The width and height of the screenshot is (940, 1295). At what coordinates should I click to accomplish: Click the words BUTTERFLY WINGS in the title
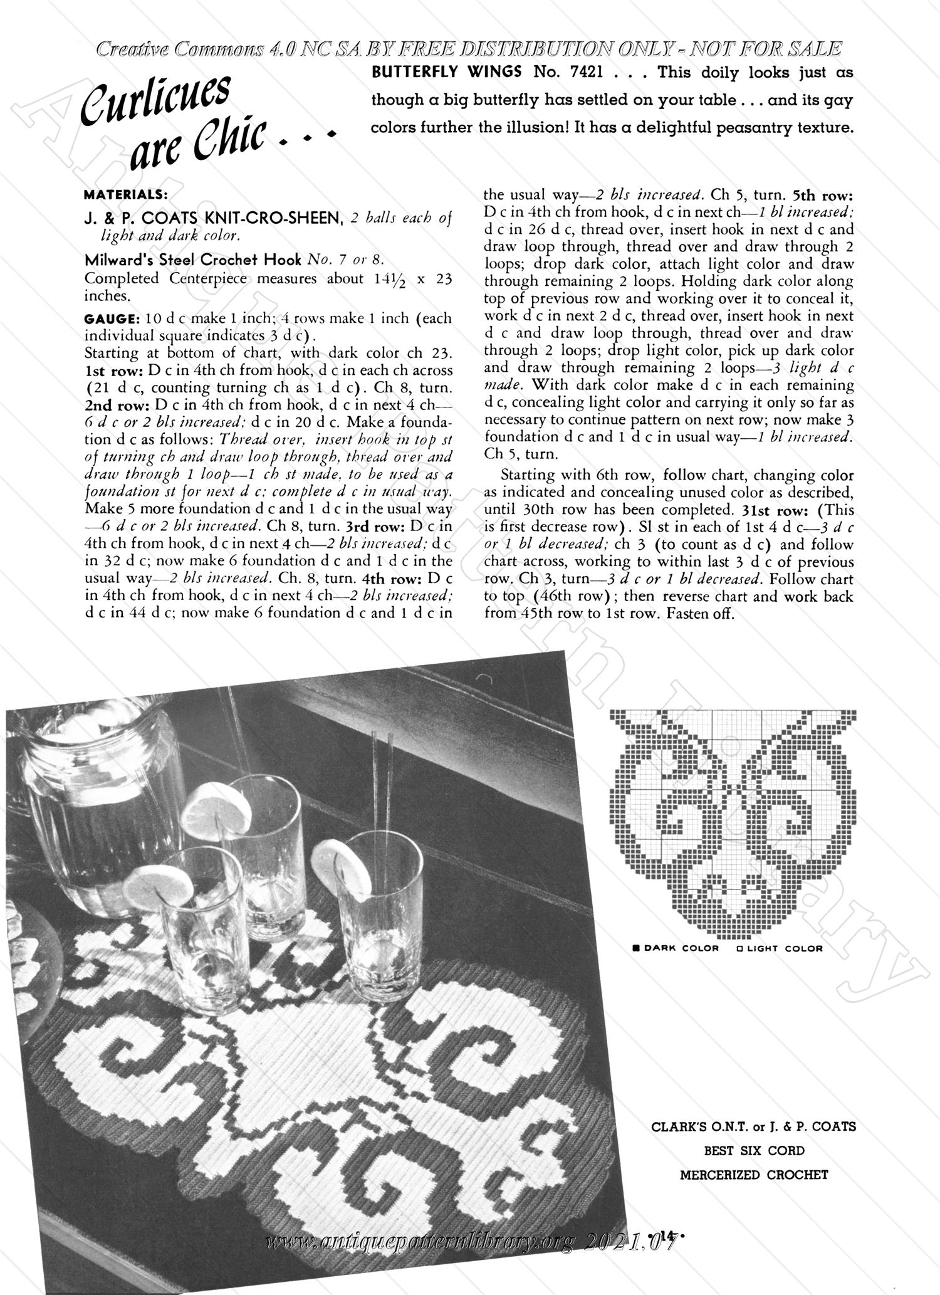coord(447,72)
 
